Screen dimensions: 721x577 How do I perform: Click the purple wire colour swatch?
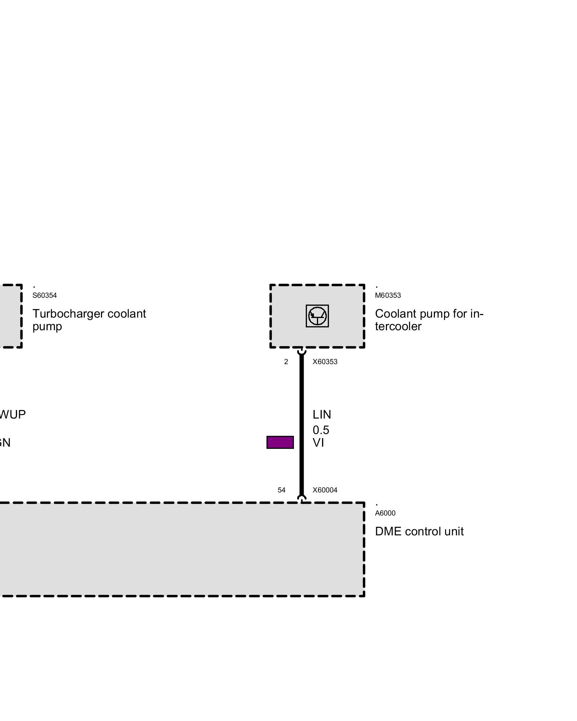[280, 442]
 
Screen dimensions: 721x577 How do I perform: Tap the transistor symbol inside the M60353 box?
[317, 316]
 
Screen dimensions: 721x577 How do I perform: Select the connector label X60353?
[325, 362]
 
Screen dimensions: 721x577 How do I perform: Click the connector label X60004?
[325, 490]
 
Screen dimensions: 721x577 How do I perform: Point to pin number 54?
[281, 490]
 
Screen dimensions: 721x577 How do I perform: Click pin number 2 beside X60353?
[286, 362]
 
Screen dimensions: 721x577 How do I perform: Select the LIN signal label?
[322, 415]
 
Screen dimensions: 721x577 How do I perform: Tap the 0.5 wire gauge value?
[321, 430]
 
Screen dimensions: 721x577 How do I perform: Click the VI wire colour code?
[318, 443]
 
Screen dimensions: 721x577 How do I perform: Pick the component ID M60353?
[388, 295]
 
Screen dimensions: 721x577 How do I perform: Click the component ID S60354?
[44, 295]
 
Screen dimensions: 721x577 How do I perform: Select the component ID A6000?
[385, 513]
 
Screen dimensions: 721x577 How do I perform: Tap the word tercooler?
[398, 327]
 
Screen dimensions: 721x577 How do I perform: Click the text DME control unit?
[419, 531]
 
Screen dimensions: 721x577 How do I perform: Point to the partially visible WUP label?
[13, 415]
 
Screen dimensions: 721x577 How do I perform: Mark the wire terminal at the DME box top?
[301, 499]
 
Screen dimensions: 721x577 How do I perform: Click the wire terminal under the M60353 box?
[301, 351]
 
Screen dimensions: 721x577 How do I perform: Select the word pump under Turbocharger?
[47, 327]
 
